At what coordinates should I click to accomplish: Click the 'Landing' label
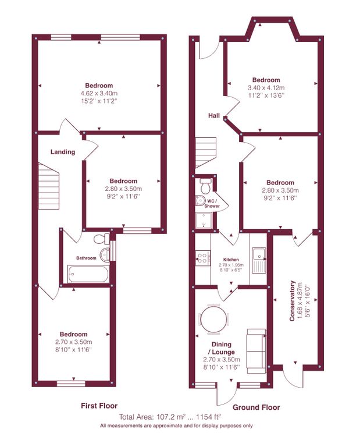tap(63, 152)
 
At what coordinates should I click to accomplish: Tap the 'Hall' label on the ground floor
tap(214, 115)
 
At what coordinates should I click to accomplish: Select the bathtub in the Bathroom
tap(88, 274)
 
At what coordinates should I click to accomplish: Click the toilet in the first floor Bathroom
tap(101, 239)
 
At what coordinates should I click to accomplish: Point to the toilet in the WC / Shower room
tap(205, 186)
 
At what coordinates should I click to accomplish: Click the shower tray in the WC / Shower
tap(204, 221)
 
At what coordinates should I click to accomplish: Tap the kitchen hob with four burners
tap(203, 258)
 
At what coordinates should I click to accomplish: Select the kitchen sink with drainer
tap(259, 260)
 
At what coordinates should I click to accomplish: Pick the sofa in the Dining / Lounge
tap(256, 351)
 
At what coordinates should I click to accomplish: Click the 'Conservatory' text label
tap(292, 301)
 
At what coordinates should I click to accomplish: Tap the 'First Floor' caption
tap(99, 406)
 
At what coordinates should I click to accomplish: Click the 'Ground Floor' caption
tap(256, 407)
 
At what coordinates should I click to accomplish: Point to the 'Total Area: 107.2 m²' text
tap(152, 417)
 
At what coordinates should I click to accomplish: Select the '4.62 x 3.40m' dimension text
tap(99, 93)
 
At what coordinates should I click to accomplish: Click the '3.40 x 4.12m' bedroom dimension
tap(266, 88)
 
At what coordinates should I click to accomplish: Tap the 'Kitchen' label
tap(231, 260)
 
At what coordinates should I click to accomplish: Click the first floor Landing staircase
tap(49, 186)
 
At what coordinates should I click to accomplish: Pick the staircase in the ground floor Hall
tap(206, 152)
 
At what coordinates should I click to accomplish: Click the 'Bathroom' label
tap(86, 258)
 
